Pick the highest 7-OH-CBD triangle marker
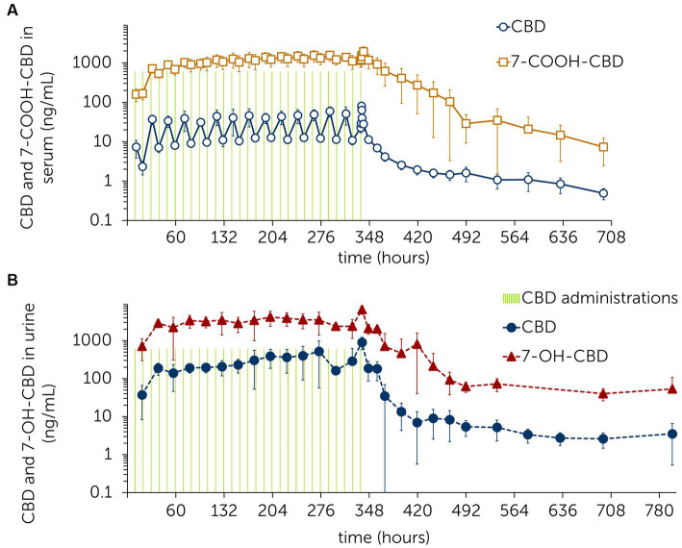click(x=362, y=311)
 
